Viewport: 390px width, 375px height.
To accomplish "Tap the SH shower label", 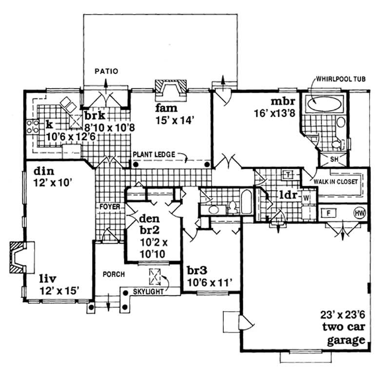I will [x=334, y=159].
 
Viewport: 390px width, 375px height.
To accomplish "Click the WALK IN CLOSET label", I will [x=335, y=181].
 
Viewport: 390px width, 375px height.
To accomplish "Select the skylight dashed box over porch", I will [x=156, y=276].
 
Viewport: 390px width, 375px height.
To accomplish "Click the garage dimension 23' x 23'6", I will [x=340, y=316].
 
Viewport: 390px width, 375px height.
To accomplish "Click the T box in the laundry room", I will [x=288, y=174].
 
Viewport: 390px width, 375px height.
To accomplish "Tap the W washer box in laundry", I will [x=306, y=198].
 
